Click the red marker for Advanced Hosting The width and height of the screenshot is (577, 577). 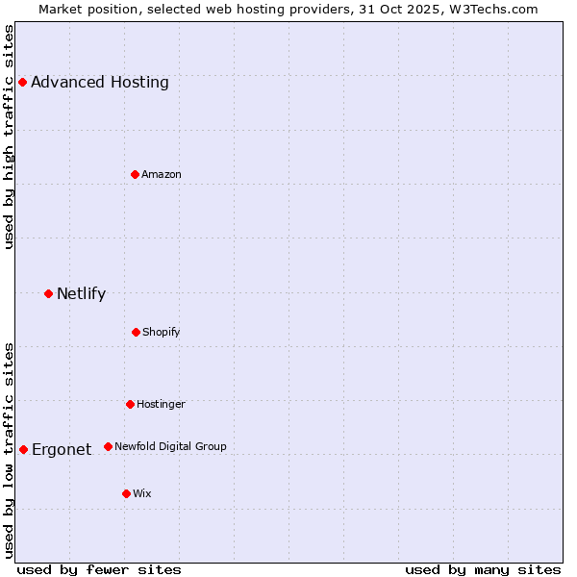(22, 82)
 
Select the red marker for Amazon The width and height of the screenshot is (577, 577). (136, 174)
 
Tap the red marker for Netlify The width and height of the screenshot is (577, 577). (48, 293)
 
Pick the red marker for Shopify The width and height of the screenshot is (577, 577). (136, 332)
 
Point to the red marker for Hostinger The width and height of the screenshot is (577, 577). (130, 404)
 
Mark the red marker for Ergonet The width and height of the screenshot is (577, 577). (23, 449)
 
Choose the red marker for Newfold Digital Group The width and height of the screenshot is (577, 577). (108, 446)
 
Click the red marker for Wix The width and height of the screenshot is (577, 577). (126, 493)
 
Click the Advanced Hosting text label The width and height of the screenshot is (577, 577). (100, 82)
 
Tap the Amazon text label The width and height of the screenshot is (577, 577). (162, 174)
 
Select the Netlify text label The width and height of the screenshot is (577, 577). (81, 293)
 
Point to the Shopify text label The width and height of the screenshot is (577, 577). (162, 332)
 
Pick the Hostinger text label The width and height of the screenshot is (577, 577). (161, 404)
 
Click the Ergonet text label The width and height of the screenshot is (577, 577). (62, 449)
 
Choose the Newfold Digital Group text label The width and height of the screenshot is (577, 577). (170, 446)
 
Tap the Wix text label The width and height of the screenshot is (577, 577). (142, 493)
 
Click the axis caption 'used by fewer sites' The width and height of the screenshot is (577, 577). (99, 570)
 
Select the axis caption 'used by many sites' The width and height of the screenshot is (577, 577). (483, 570)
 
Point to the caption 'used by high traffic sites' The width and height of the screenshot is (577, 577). (10, 137)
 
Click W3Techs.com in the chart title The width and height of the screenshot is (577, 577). (490, 9)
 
